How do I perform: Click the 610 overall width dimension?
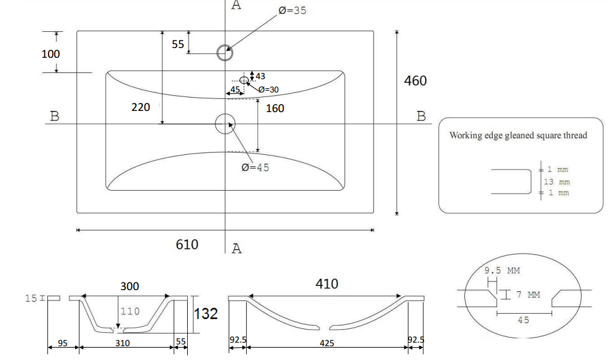[x=187, y=244]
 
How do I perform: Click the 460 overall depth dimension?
[x=415, y=80]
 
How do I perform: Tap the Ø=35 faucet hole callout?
[x=292, y=10]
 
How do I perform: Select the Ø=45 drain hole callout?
[x=255, y=167]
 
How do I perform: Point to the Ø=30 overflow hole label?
[x=268, y=90]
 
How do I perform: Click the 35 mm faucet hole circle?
[x=225, y=53]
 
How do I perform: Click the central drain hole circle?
[x=225, y=123]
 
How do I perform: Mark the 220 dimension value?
[x=140, y=107]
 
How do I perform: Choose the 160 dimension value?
[x=275, y=108]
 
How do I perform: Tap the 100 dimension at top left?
[x=51, y=54]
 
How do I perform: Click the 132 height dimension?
[x=206, y=314]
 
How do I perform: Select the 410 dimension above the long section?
[x=326, y=284]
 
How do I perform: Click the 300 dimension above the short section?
[x=129, y=286]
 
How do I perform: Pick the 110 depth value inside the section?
[x=130, y=311]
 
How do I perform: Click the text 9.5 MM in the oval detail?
[x=502, y=270]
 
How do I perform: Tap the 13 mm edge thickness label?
[x=556, y=181]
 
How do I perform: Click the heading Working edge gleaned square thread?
[x=518, y=135]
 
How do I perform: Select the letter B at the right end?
[x=421, y=116]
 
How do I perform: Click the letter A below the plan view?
[x=236, y=248]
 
